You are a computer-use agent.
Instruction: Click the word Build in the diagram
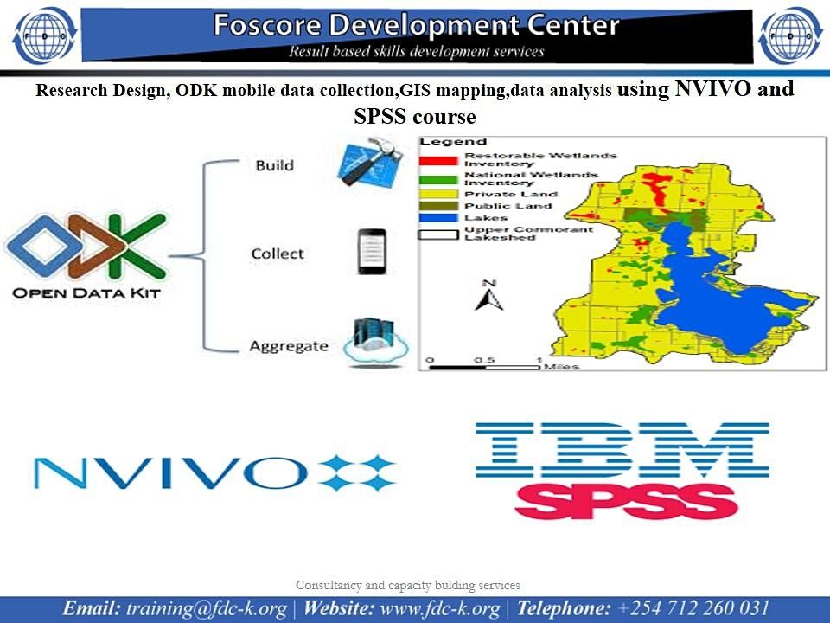point(274,165)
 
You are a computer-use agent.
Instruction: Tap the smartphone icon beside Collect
point(370,252)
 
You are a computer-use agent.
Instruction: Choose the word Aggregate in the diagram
point(289,346)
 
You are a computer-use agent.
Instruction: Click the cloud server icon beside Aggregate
point(374,343)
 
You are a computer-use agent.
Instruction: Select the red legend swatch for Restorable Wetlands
point(439,159)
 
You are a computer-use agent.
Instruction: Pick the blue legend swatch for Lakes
point(439,218)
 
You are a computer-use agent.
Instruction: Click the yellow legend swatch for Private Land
point(439,195)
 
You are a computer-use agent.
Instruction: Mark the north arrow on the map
point(488,296)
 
